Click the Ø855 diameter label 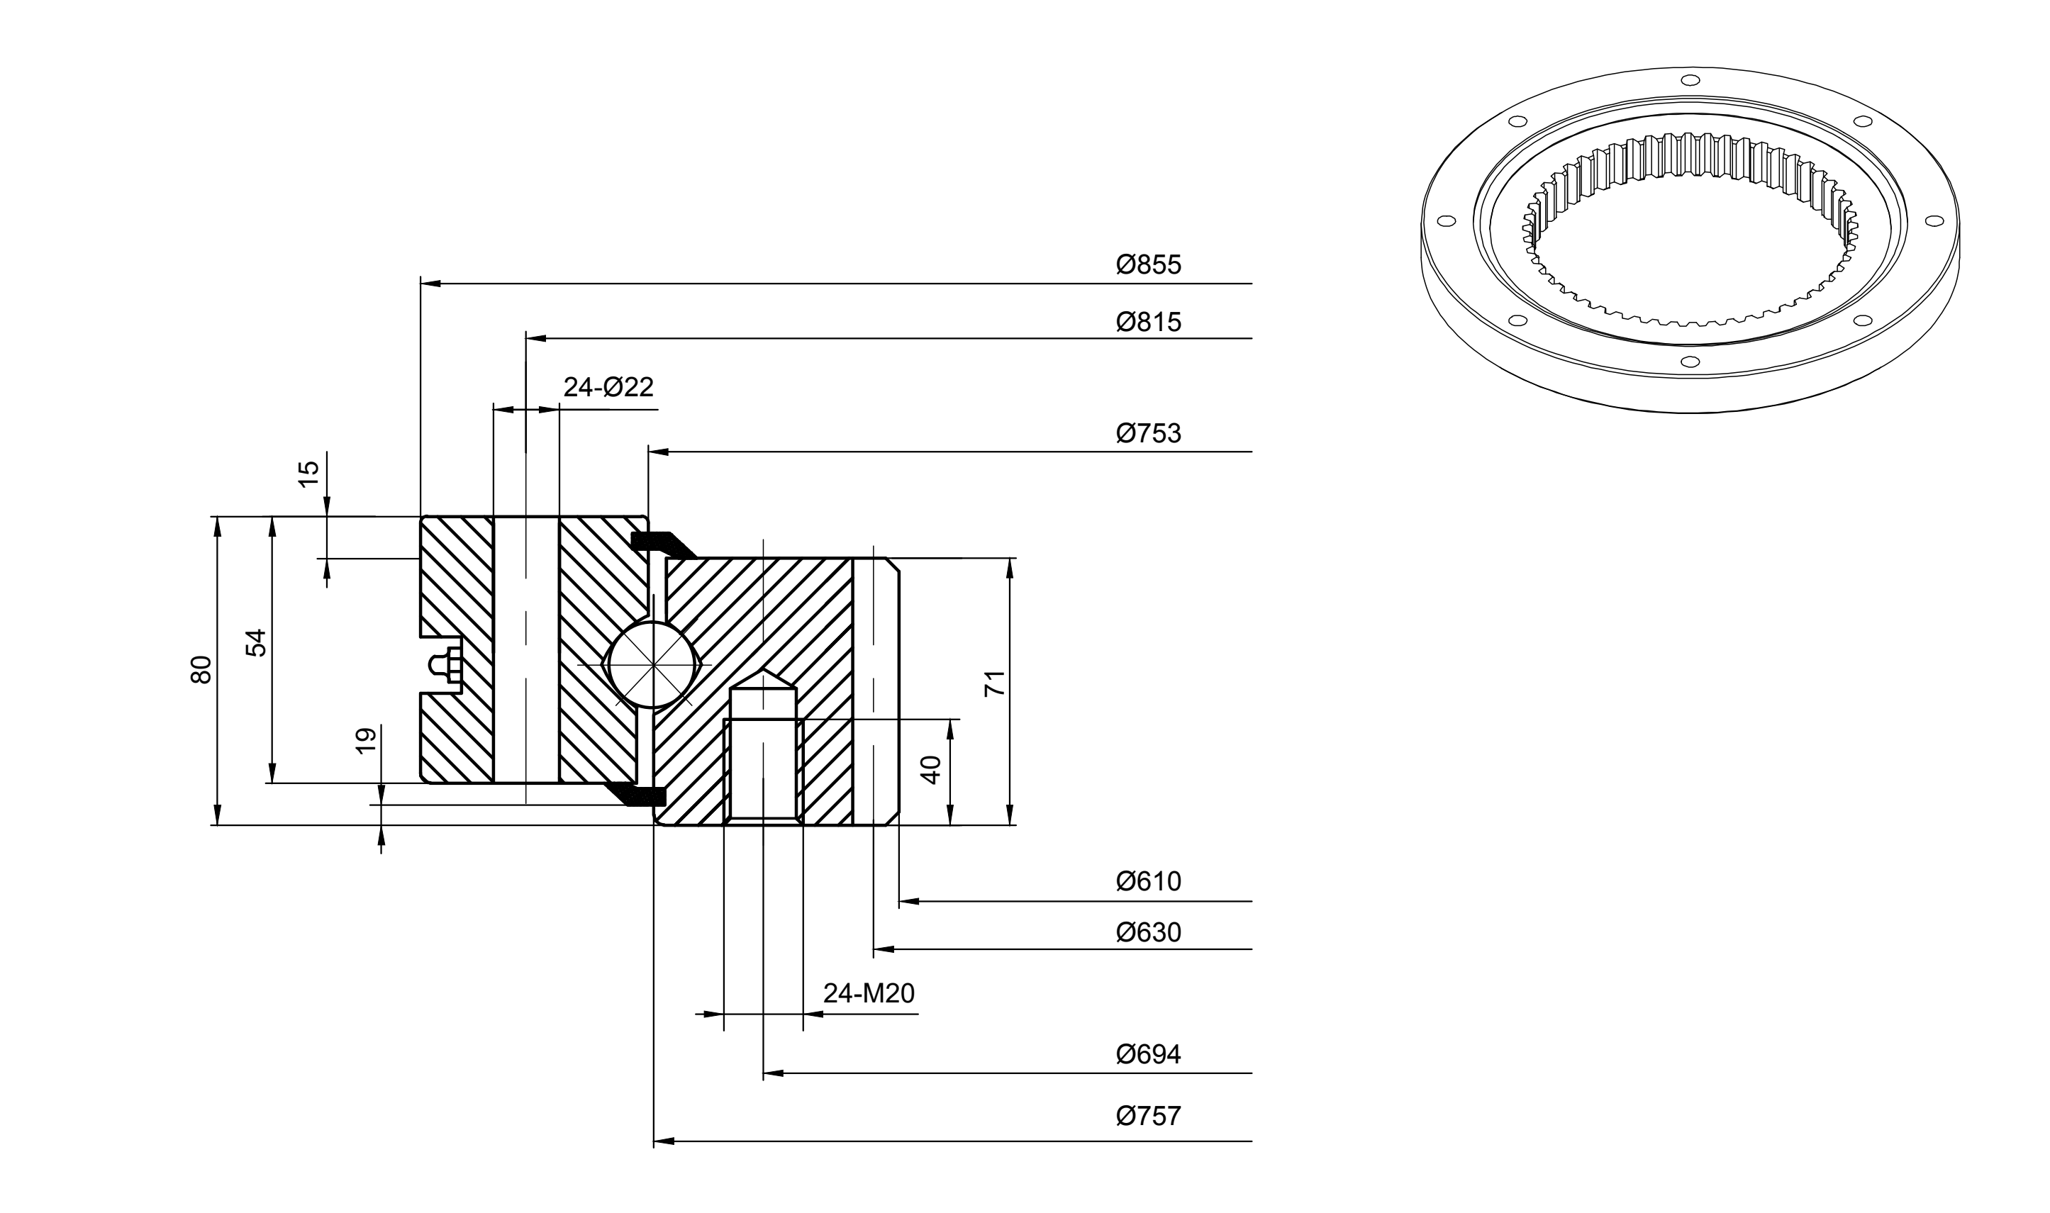[1149, 265]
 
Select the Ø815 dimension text [1149, 322]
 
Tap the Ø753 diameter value [1149, 433]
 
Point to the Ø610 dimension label [1149, 881]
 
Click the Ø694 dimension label [1149, 1054]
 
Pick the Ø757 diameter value [1149, 1116]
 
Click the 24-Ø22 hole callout [609, 388]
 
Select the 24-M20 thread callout [869, 993]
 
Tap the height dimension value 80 [201, 669]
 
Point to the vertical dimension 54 [257, 642]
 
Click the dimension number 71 [995, 683]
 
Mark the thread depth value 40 [931, 770]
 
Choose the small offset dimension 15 [309, 474]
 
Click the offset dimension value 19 [367, 739]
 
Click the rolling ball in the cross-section [652, 664]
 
